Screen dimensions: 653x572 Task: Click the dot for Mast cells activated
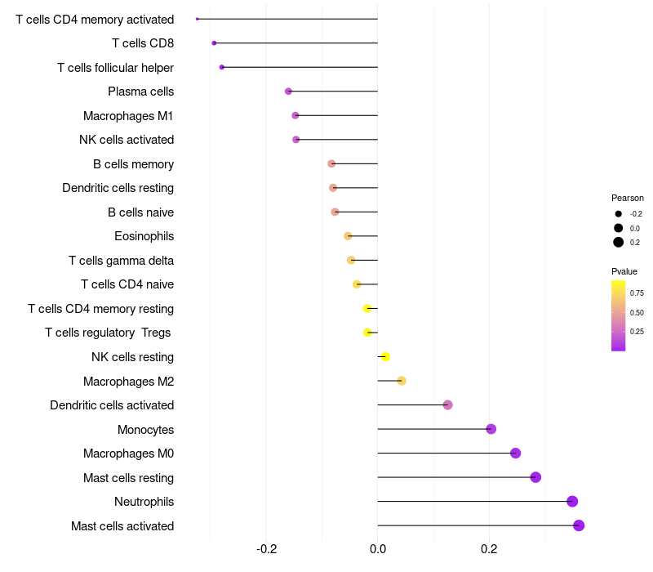click(x=579, y=525)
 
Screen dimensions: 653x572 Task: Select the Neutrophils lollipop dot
click(x=572, y=501)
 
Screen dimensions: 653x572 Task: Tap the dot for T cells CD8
click(x=214, y=43)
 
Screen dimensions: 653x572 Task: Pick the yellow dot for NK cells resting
click(x=385, y=356)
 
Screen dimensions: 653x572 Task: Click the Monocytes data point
click(x=491, y=428)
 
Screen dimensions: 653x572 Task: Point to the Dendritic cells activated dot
click(x=447, y=404)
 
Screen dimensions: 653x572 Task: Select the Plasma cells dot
click(x=288, y=92)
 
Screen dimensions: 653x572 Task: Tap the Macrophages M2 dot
click(x=402, y=381)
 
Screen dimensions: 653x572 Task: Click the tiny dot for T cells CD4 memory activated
click(x=197, y=19)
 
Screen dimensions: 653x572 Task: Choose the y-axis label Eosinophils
click(x=144, y=236)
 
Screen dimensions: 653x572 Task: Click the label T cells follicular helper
click(x=115, y=68)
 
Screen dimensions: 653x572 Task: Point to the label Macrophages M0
click(x=128, y=454)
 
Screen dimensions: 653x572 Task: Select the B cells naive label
click(x=140, y=212)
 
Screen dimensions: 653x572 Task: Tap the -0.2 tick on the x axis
click(x=267, y=548)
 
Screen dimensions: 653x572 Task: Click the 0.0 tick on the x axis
click(x=378, y=548)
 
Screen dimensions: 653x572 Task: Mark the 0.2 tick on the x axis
click(x=489, y=548)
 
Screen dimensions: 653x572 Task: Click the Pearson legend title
click(x=627, y=198)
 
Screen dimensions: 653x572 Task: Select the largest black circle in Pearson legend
click(x=619, y=242)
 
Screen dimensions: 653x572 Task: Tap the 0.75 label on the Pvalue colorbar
click(x=637, y=293)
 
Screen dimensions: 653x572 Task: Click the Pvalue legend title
click(x=624, y=271)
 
